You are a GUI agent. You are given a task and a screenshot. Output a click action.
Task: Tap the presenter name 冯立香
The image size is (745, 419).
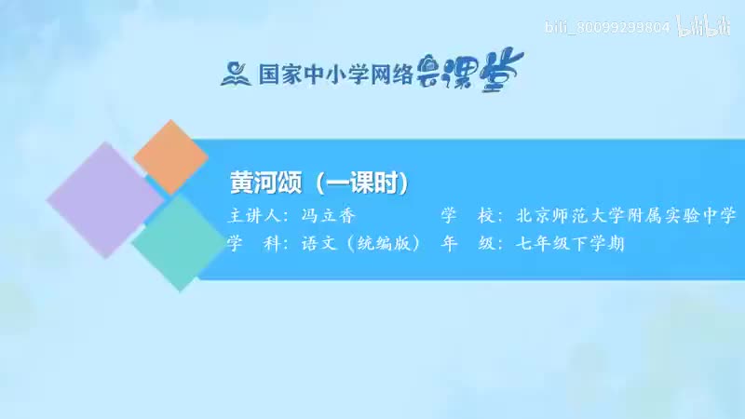pyautogui.click(x=329, y=216)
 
